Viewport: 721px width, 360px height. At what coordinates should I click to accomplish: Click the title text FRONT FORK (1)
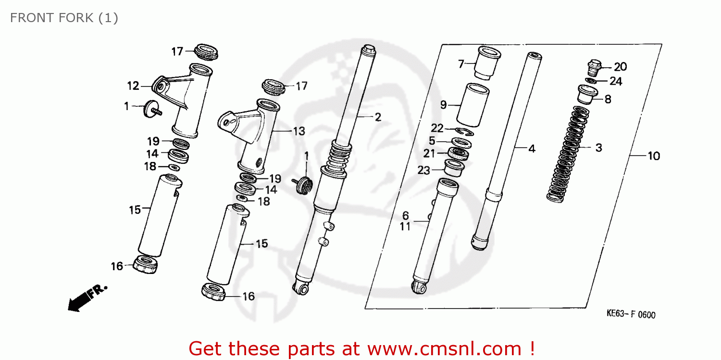tap(64, 18)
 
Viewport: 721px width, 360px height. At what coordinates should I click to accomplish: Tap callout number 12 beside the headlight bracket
tap(133, 87)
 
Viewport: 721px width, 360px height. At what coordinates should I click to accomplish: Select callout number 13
tap(298, 131)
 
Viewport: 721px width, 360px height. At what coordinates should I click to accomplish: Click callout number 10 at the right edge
tap(653, 156)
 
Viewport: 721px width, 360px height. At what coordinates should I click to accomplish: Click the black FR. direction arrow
tap(87, 298)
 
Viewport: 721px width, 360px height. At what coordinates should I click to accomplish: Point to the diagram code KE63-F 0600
tap(630, 315)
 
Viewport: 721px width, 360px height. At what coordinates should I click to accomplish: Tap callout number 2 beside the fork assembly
tap(378, 117)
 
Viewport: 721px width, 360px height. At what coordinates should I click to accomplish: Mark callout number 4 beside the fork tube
tap(531, 149)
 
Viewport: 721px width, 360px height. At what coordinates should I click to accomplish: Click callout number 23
tap(423, 170)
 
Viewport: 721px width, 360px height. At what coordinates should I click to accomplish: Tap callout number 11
tap(405, 227)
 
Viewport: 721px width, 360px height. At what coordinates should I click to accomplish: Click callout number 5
tap(432, 141)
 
